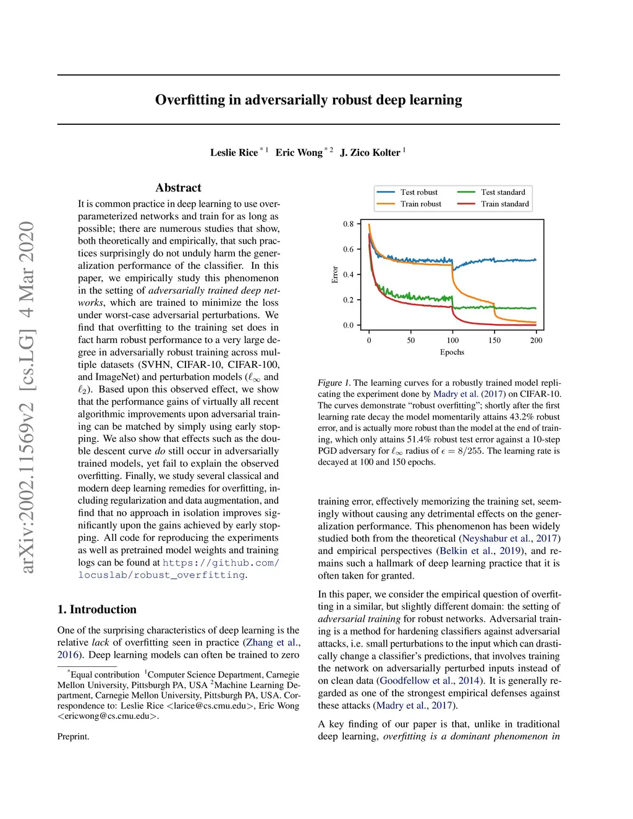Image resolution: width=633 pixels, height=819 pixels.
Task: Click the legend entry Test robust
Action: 418,192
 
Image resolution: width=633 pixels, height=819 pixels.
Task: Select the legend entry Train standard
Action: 504,204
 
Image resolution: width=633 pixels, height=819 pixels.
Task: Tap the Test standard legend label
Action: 503,192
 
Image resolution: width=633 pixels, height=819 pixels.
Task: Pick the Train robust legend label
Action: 420,204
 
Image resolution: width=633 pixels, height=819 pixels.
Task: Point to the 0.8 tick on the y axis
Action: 349,224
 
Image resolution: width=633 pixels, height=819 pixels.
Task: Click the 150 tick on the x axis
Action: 495,341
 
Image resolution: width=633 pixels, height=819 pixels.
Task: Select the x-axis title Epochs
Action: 452,352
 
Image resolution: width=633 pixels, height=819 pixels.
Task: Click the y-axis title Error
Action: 335,274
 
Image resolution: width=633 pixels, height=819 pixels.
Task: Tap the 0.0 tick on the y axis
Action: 349,325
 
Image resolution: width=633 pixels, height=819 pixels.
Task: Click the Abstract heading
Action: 178,188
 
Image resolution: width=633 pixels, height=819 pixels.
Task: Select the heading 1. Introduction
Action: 97,609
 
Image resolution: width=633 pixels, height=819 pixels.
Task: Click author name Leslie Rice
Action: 234,153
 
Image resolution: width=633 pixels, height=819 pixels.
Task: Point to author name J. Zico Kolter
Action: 370,153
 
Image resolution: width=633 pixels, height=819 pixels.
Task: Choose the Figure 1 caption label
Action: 334,383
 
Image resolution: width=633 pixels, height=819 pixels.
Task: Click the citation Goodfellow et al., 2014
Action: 429,681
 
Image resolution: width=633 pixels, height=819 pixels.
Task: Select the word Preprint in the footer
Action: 73,737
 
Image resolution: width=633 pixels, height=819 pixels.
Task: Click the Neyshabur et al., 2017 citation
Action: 511,538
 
